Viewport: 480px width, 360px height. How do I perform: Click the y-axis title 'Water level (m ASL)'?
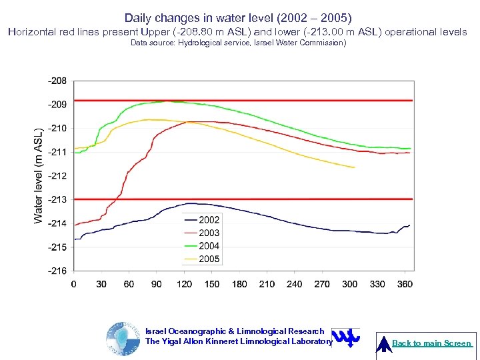(x=39, y=175)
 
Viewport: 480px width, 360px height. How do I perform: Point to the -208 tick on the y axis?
(x=57, y=81)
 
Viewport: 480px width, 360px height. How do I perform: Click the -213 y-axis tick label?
(x=57, y=199)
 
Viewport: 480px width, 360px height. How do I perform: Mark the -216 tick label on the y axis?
(x=57, y=271)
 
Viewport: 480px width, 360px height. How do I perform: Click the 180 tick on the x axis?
(x=239, y=284)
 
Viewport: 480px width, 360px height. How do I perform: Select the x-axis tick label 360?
(x=405, y=284)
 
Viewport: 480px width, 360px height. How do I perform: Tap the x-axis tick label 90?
(x=157, y=284)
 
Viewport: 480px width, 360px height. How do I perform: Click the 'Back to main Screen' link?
(x=431, y=343)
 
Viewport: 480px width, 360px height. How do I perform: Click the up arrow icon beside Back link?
(x=384, y=343)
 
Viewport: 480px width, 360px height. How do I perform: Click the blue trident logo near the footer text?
(x=345, y=337)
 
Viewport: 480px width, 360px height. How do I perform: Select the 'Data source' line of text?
(x=238, y=43)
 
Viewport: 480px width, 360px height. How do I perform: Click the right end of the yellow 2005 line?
(x=354, y=167)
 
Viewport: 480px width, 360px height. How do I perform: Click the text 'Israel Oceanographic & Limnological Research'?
(x=235, y=331)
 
